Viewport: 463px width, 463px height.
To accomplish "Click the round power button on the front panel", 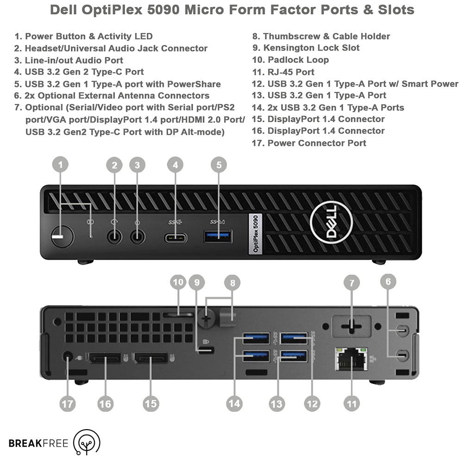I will pos(63,237).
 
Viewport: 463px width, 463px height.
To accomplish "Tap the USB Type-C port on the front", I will pos(175,238).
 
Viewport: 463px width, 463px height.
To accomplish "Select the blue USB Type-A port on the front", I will pos(218,237).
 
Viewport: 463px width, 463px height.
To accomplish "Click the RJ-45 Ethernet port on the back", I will pos(351,358).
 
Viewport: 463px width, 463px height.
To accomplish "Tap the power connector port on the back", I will pos(68,357).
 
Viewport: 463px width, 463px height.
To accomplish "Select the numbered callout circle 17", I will pos(68,403).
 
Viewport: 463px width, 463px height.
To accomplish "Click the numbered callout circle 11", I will pos(352,403).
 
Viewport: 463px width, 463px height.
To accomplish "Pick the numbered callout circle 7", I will pos(352,282).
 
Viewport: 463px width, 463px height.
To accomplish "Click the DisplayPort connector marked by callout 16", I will pos(104,357).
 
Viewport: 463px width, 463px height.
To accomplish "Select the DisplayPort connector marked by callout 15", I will pos(150,357).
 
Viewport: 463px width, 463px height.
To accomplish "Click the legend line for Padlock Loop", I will pos(291,60).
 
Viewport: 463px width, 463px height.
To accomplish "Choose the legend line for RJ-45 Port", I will pos(283,72).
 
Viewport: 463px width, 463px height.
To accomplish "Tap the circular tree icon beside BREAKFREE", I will pos(87,442).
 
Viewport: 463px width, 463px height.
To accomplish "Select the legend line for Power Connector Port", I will pos(309,143).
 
